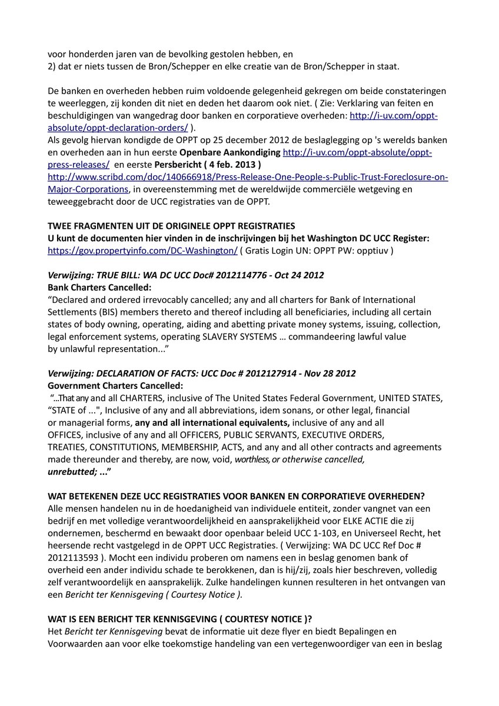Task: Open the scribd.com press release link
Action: (x=247, y=177)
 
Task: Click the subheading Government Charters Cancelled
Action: (x=115, y=386)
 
